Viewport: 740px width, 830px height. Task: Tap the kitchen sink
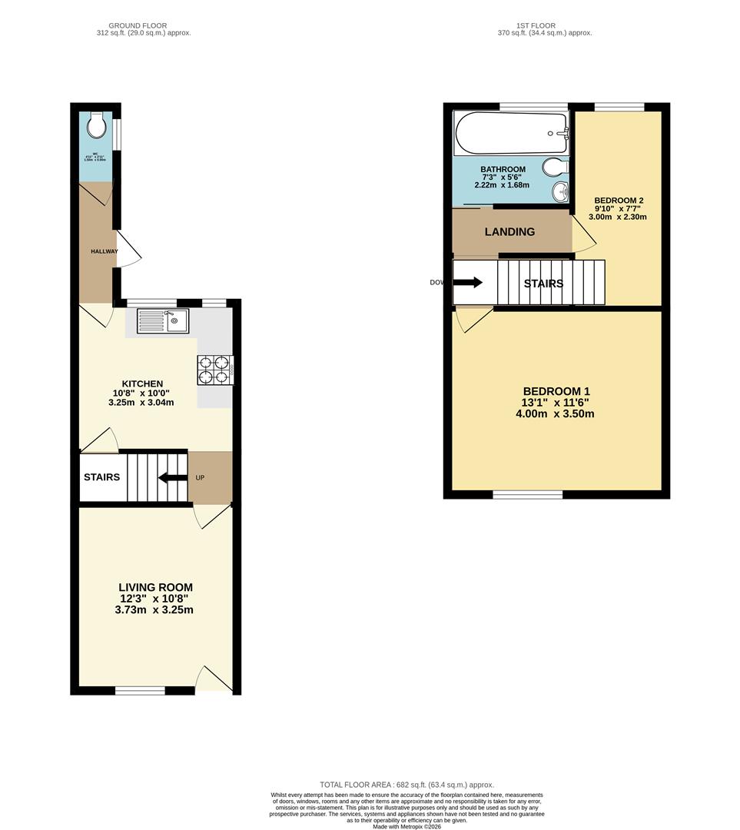(x=163, y=320)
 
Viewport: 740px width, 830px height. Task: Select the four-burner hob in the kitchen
(x=215, y=369)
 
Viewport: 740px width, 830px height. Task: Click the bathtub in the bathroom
(x=510, y=133)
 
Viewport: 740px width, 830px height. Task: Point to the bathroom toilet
(x=555, y=166)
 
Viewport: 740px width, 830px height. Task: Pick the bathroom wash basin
(x=559, y=191)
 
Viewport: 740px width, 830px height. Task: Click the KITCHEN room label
(x=142, y=384)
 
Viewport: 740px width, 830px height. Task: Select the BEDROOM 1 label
(x=556, y=391)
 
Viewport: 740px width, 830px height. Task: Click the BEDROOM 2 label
(x=619, y=201)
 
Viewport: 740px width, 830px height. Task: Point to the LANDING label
(x=509, y=231)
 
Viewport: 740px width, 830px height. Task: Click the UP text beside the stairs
(x=200, y=477)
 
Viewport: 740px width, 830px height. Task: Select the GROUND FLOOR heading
(x=138, y=25)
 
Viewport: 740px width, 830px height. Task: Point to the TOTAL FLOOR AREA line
(x=407, y=785)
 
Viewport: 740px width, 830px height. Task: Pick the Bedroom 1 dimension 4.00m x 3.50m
(x=555, y=413)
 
